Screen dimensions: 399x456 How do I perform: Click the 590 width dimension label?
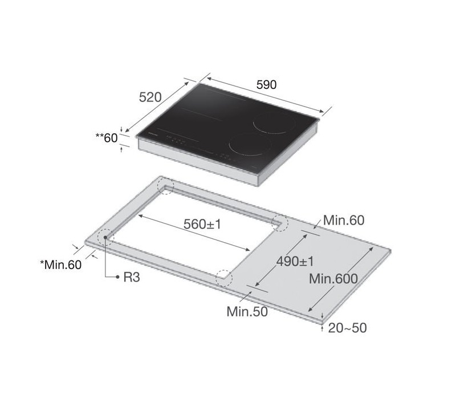265,84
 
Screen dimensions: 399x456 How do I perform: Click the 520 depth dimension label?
151,97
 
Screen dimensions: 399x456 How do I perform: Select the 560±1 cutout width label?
202,224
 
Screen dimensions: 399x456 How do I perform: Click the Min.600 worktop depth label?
333,279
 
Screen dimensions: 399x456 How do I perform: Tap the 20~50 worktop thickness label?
347,328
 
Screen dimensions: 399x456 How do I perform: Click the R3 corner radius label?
131,278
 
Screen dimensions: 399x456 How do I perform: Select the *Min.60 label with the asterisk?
60,264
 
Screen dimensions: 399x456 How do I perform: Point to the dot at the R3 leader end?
106,241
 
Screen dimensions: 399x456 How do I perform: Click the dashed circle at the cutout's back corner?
166,186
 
